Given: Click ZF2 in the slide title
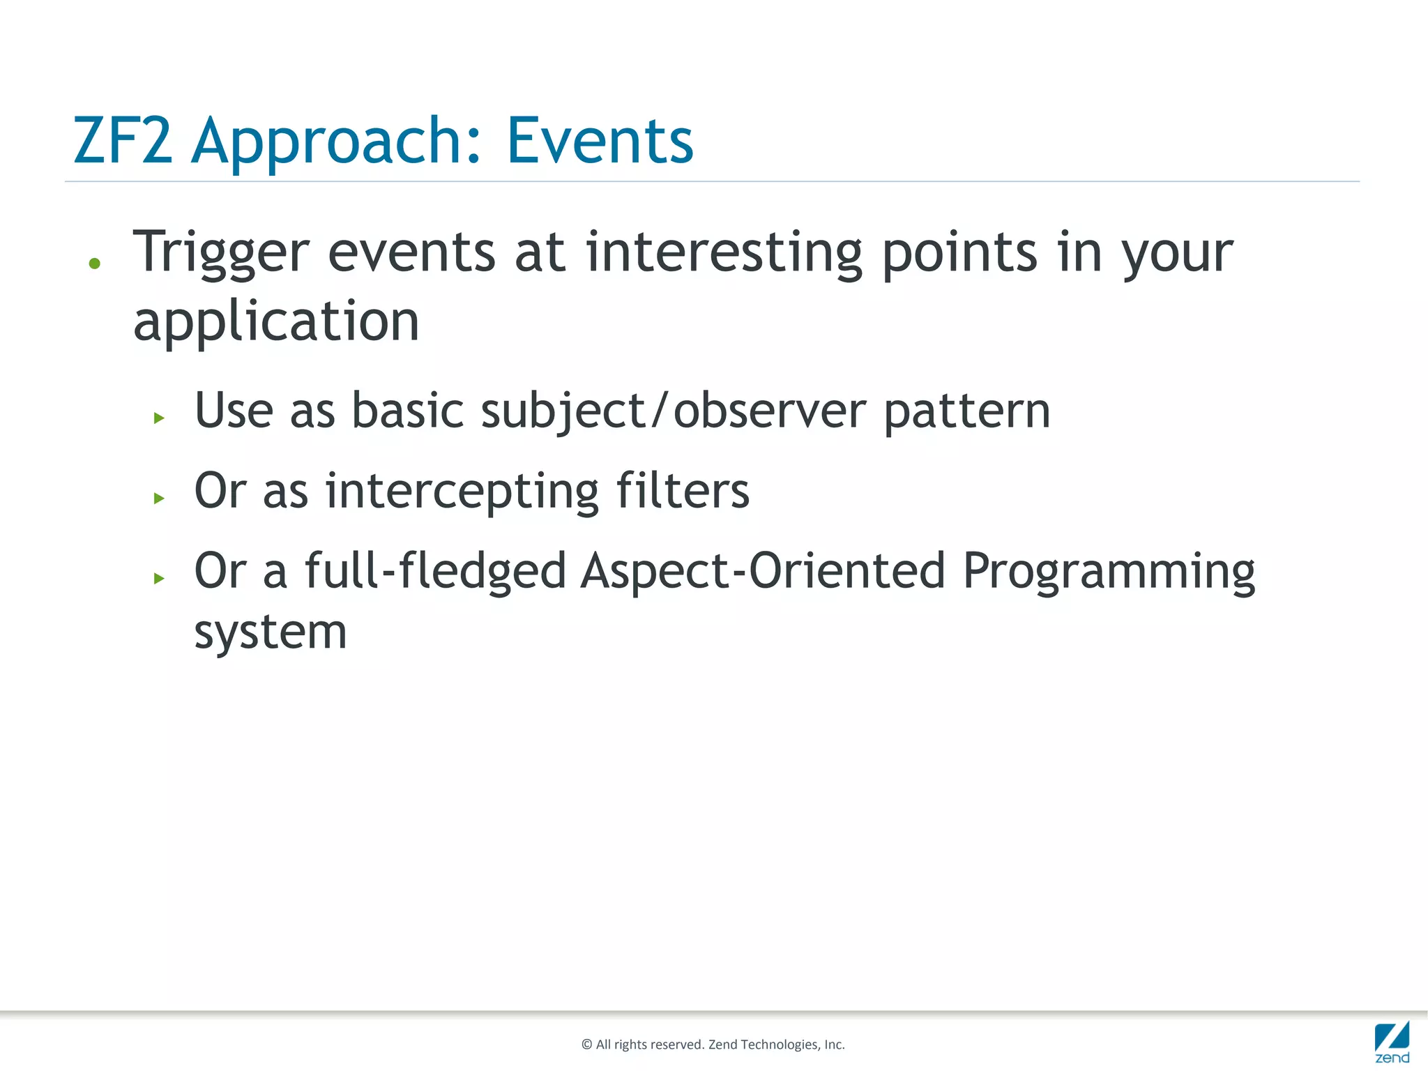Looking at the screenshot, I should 123,142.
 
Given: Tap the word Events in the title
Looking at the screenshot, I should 600,142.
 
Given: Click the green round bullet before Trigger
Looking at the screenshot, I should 95,264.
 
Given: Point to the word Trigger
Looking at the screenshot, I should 221,252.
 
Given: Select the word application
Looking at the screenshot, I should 276,322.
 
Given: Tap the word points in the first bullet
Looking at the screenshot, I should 960,252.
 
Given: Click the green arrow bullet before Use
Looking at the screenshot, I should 159,418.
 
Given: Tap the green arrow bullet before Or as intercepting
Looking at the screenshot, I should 159,499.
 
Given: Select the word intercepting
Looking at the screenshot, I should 462,492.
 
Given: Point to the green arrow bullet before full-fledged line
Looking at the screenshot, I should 159,578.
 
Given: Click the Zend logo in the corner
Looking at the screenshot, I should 1392,1042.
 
